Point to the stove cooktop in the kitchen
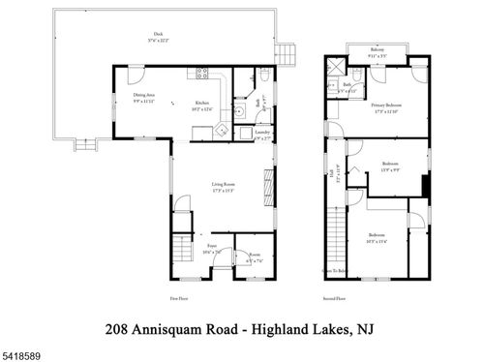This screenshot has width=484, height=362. (203, 73)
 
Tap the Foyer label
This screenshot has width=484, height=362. (211, 247)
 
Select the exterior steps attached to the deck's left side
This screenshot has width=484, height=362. (85, 145)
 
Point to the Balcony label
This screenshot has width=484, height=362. (378, 51)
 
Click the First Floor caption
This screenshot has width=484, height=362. (178, 299)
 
